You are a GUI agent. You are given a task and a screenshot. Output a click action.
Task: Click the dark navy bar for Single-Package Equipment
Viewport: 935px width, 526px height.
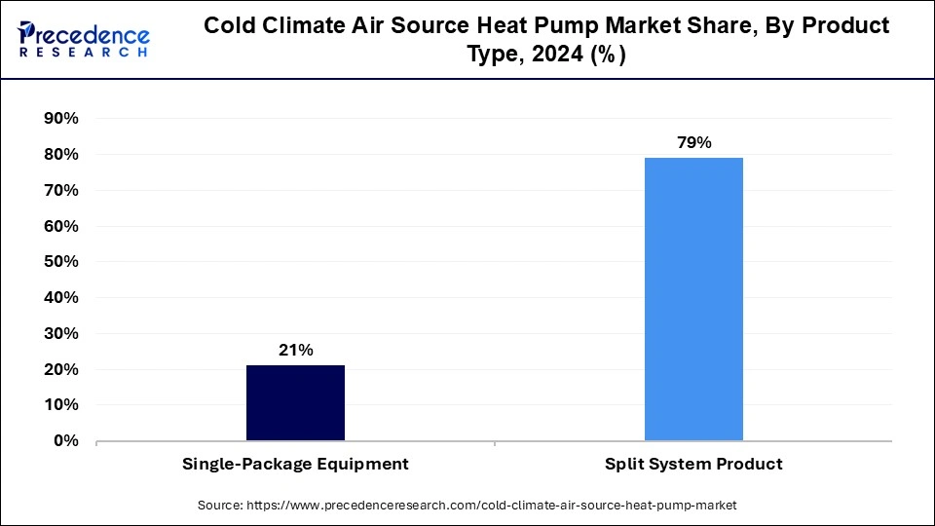[x=295, y=402]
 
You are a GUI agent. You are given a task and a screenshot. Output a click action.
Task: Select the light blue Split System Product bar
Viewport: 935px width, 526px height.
[x=693, y=299]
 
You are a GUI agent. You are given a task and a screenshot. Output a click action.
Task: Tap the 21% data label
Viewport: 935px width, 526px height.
[x=295, y=351]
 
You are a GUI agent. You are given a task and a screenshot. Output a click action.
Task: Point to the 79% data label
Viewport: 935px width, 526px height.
[x=693, y=143]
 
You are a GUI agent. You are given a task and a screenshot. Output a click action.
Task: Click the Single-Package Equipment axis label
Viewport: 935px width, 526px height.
[x=295, y=465]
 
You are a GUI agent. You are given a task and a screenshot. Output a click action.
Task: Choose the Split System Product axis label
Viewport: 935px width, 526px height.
[x=693, y=465]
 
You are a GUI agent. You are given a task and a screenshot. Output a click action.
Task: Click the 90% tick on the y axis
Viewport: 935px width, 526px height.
[x=61, y=119]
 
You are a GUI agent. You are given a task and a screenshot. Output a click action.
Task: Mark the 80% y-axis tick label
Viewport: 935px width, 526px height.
[x=61, y=155]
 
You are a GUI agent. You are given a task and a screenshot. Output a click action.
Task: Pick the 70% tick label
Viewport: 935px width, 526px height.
[x=61, y=191]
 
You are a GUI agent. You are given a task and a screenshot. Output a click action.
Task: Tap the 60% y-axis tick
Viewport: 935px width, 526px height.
[x=61, y=226]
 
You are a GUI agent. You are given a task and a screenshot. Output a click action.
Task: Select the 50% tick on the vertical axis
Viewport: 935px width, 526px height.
[x=61, y=262]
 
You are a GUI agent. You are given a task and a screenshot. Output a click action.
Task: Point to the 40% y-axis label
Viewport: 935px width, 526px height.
[x=61, y=298]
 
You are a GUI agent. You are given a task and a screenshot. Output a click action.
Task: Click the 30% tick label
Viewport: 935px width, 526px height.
[x=61, y=334]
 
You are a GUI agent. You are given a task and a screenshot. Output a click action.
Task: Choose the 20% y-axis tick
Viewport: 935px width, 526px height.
[x=61, y=370]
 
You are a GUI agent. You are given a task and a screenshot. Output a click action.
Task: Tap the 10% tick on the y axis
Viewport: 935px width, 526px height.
[x=61, y=405]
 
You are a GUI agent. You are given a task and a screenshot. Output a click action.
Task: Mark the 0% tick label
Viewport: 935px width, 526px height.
[x=66, y=441]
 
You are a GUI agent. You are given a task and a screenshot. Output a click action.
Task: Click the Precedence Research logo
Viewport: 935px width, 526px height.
[x=84, y=40]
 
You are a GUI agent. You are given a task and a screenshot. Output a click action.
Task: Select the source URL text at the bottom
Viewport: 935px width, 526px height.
[x=467, y=506]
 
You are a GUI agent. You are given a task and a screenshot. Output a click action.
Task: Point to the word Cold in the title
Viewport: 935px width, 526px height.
[x=230, y=26]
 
